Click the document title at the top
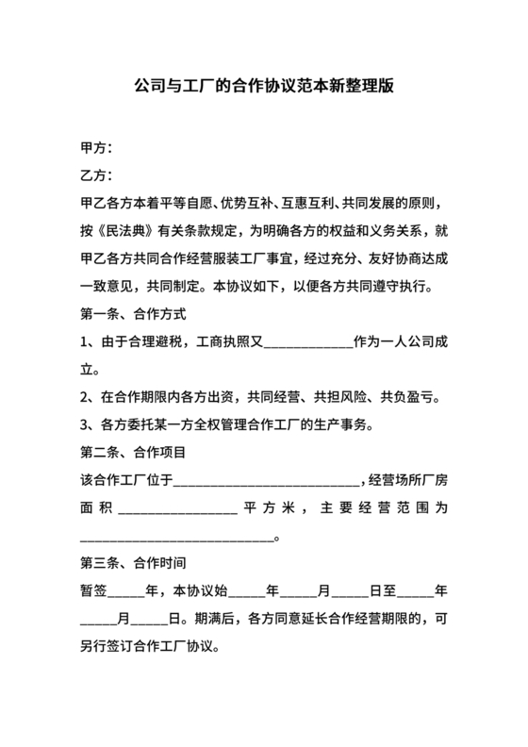263,86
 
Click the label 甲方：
96,149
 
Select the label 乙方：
96,175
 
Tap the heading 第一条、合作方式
131,312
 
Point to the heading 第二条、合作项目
131,452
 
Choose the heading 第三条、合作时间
131,567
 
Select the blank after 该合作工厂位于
266,482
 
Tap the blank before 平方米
176,509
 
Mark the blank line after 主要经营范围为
176,539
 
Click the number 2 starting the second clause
85,396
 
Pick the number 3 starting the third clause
85,423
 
